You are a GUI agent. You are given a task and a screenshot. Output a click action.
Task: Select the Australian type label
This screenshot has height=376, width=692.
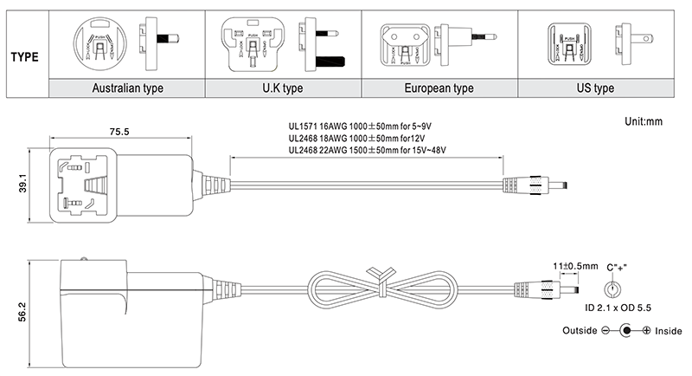[127, 88]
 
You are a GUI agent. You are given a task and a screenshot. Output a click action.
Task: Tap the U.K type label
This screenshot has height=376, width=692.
[282, 88]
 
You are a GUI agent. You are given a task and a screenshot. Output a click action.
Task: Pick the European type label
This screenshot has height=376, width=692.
[439, 88]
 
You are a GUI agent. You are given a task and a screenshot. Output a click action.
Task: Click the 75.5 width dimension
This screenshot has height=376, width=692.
[118, 133]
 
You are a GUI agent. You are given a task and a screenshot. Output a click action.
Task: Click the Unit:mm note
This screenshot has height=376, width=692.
[642, 122]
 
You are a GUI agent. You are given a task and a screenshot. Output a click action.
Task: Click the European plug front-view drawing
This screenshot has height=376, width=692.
[400, 42]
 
